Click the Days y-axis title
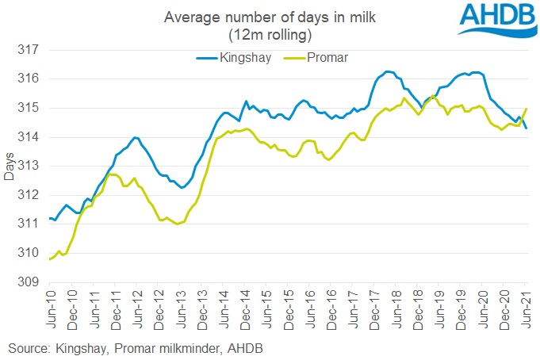click(x=9, y=166)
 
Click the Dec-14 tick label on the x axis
click(x=245, y=307)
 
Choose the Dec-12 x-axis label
click(x=159, y=307)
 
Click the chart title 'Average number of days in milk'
click(x=246, y=17)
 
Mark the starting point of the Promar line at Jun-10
click(x=49, y=259)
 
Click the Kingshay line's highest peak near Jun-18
click(x=388, y=71)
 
